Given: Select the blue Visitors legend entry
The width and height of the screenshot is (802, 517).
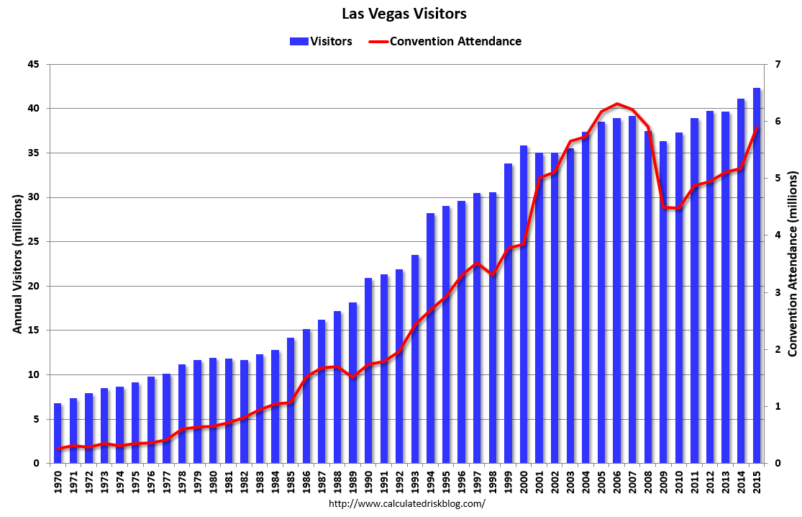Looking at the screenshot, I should pyautogui.click(x=321, y=41).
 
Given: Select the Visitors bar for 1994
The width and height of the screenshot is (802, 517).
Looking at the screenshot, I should pyautogui.click(x=431, y=338).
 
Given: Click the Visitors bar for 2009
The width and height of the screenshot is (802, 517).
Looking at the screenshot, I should pyautogui.click(x=663, y=302).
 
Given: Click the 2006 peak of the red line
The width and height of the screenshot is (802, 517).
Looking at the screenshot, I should pyautogui.click(x=617, y=104).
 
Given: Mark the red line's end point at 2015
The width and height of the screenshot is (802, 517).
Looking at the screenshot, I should pyautogui.click(x=757, y=128).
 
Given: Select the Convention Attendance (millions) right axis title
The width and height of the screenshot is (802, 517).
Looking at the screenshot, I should pyautogui.click(x=793, y=264).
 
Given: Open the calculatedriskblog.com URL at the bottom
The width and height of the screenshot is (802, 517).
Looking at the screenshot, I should pyautogui.click(x=406, y=503).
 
